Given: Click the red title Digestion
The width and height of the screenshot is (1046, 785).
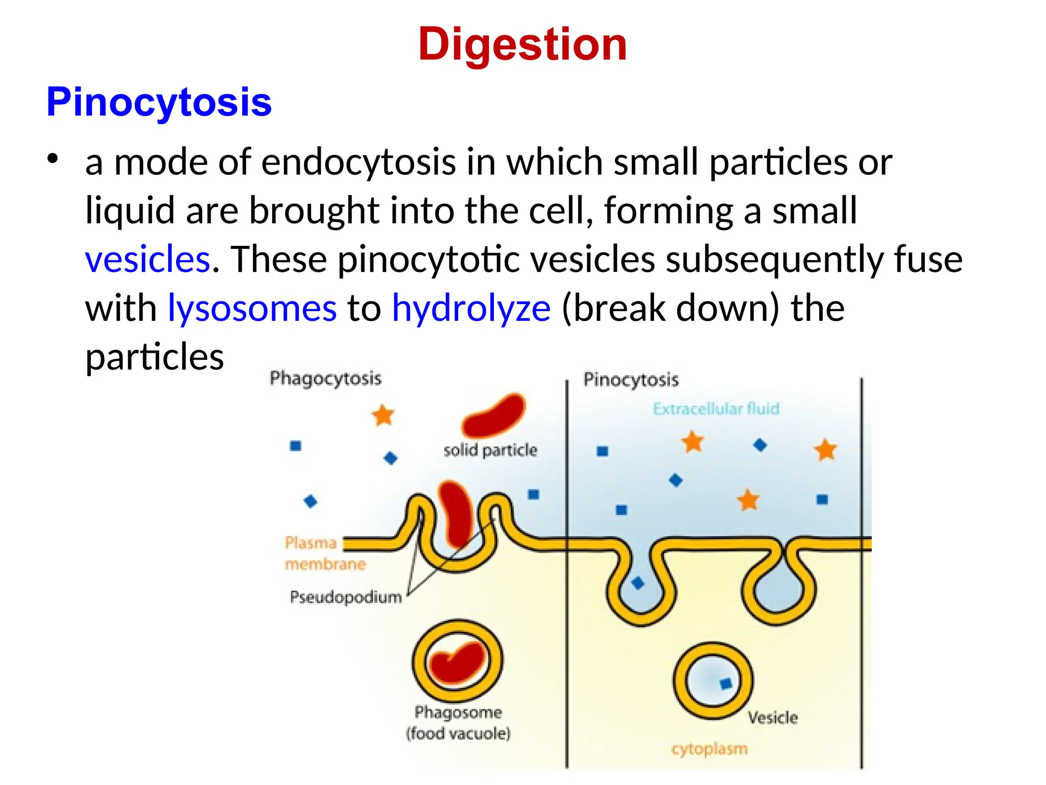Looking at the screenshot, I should click(x=522, y=44).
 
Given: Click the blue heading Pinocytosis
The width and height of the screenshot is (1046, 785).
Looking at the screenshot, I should click(x=159, y=102).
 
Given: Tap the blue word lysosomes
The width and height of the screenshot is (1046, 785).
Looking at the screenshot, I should click(x=252, y=308).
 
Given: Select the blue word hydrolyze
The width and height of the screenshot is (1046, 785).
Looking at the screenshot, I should click(x=471, y=308).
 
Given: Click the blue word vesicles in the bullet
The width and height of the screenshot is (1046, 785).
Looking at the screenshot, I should click(x=148, y=259).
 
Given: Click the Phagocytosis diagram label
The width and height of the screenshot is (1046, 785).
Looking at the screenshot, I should click(x=325, y=379).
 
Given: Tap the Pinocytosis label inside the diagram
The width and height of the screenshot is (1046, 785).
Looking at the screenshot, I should click(x=631, y=380).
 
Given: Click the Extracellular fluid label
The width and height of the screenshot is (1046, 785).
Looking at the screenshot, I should click(x=716, y=409).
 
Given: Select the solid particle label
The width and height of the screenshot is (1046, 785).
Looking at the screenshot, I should click(x=490, y=450).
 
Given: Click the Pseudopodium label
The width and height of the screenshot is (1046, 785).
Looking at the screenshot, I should click(x=346, y=597).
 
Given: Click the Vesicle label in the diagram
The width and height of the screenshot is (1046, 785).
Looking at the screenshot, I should click(x=773, y=718).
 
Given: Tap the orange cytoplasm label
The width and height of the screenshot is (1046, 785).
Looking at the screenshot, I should click(x=709, y=749).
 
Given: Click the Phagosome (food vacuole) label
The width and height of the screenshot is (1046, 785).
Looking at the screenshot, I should click(x=458, y=723).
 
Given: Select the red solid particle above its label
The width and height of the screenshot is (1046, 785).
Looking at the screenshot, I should click(x=493, y=415).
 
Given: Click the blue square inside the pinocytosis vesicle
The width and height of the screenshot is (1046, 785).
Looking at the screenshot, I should click(x=726, y=683).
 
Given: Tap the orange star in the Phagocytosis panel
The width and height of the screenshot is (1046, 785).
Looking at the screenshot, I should click(x=383, y=415).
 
